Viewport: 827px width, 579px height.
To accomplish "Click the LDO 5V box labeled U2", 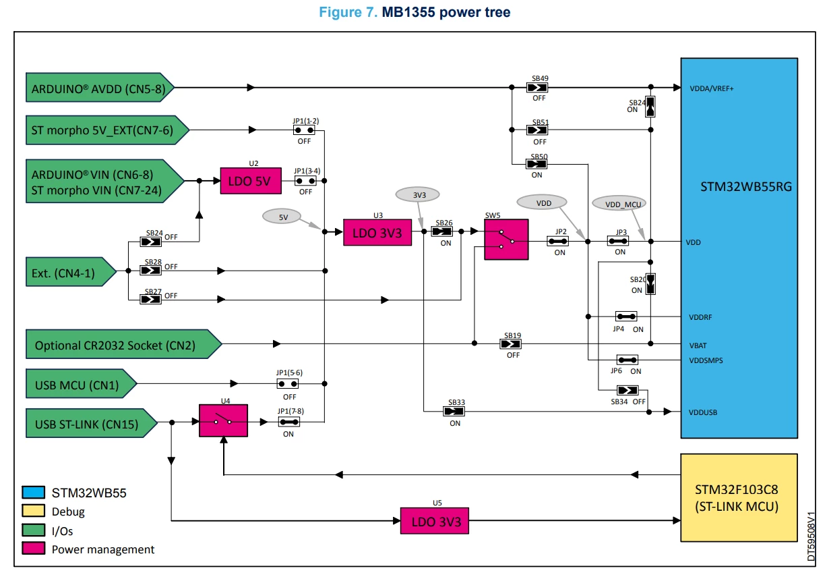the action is (x=251, y=181).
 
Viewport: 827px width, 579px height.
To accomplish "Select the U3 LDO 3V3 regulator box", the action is (x=377, y=233).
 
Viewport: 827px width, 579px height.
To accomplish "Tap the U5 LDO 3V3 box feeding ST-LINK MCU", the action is (x=435, y=521).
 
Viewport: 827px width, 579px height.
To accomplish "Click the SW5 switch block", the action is (x=506, y=240).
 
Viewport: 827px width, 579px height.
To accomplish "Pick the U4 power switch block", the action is (x=223, y=421).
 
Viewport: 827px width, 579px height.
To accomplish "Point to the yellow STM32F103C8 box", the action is (x=739, y=497).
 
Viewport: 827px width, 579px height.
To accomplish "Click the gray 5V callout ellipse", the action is (x=282, y=217).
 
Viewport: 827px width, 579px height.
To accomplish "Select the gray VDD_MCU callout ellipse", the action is (x=619, y=203).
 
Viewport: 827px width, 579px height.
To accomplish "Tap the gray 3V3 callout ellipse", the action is (x=418, y=194).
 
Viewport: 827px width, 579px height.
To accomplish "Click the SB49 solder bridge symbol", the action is (x=537, y=88).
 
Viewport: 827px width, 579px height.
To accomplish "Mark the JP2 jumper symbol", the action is (x=557, y=242).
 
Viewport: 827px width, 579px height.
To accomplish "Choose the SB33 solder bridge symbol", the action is (x=454, y=411).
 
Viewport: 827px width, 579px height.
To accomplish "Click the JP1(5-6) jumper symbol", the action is (x=288, y=384).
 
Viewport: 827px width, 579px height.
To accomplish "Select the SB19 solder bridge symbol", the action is (x=511, y=344).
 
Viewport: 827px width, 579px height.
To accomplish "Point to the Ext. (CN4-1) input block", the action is (x=71, y=272).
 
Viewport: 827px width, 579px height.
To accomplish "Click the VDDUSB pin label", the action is (x=703, y=412).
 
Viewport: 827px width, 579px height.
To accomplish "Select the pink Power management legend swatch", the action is (x=33, y=549).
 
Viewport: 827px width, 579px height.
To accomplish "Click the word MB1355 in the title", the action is (x=408, y=12).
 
